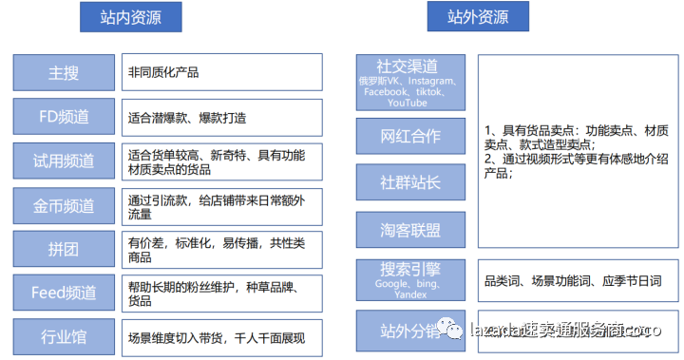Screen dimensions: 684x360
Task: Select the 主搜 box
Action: click(x=65, y=71)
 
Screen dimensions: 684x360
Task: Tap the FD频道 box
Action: click(x=65, y=116)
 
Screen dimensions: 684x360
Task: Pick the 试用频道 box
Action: click(x=65, y=161)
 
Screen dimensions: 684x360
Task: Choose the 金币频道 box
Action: click(x=65, y=204)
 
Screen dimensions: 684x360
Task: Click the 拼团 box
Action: click(x=65, y=249)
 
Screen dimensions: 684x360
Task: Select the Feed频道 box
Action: click(x=65, y=293)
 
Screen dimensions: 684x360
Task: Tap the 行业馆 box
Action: click(x=65, y=337)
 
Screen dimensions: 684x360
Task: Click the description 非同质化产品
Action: click(x=163, y=72)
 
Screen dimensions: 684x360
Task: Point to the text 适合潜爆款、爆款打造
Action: click(x=188, y=117)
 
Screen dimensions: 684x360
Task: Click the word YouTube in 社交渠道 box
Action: click(x=408, y=103)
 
